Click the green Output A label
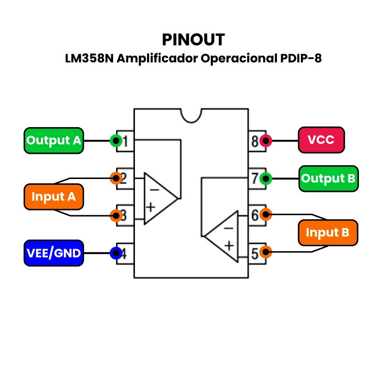[x=54, y=141]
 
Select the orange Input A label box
[x=54, y=197]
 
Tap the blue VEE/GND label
[x=54, y=253]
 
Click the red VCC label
[x=321, y=140]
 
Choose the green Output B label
[x=328, y=179]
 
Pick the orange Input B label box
[x=328, y=233]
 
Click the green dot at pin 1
[x=116, y=141]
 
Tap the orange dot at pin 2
[x=116, y=178]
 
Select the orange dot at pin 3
[x=116, y=215]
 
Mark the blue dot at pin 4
[x=116, y=253]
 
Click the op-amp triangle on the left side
[x=158, y=198]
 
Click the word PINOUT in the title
[x=193, y=39]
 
